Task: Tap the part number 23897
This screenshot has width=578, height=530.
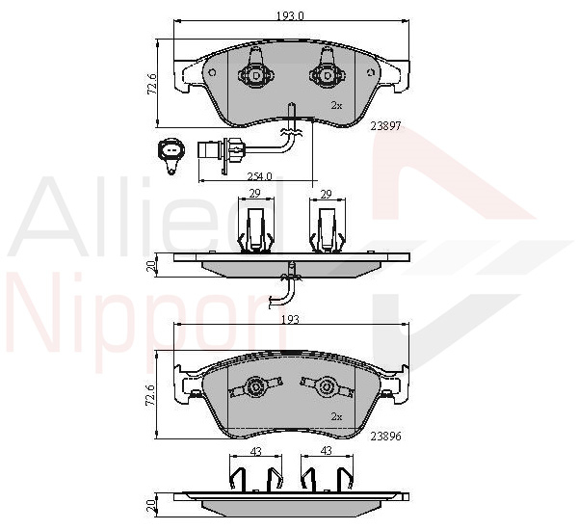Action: click(385, 126)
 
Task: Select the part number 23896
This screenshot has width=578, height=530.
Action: click(385, 437)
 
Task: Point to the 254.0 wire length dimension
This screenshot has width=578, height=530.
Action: click(259, 176)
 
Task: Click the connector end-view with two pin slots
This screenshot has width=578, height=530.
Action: click(171, 156)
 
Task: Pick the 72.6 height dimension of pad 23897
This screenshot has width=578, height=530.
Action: click(151, 84)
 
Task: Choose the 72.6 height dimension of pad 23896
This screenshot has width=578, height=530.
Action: click(151, 394)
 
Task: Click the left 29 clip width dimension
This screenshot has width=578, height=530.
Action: click(255, 194)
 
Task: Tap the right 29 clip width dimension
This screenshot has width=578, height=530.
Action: click(327, 194)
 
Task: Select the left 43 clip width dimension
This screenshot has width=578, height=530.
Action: click(255, 451)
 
